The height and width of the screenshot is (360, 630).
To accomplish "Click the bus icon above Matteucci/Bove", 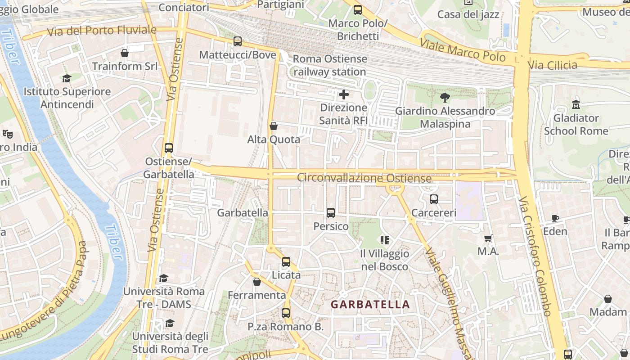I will coord(238,41).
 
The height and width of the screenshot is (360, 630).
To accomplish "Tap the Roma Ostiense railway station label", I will coord(330,65).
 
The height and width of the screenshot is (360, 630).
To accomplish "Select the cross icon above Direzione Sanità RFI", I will coord(344,94).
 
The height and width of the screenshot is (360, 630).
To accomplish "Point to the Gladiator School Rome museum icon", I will coord(576,105).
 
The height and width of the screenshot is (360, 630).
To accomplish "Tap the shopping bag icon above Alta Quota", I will coord(273,126).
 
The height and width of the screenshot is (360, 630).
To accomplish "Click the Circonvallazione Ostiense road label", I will coord(364,178).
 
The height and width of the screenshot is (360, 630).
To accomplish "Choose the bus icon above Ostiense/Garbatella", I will coord(168,148).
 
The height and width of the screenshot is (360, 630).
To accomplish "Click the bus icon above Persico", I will coord(331,213).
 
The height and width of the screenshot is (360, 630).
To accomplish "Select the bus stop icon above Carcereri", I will coord(434,199).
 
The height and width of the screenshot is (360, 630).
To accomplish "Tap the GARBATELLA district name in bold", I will coord(370,305).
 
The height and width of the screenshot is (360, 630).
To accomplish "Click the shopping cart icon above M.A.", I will coord(488,238).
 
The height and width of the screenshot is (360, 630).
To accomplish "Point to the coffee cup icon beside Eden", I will coord(555,218).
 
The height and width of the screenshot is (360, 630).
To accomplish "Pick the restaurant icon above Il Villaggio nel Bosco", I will coord(384,240).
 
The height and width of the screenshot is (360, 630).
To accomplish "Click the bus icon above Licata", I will coord(286,261).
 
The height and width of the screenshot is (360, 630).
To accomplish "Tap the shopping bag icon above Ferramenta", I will coord(257,282).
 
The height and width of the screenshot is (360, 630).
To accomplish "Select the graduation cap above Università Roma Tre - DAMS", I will coord(164,278).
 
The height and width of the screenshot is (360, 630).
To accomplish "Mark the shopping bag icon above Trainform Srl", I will coord(125,53).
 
